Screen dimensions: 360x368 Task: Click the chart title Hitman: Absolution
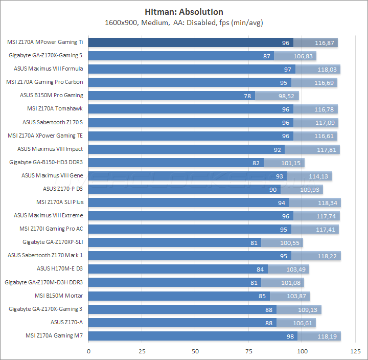click(183, 12)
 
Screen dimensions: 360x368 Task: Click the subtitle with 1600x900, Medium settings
click(183, 22)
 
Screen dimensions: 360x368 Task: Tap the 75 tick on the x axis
click(248, 351)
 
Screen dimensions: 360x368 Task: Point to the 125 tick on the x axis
click(355, 351)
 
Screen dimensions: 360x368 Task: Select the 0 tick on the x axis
click(89, 351)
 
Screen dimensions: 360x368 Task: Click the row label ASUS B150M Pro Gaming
click(52, 95)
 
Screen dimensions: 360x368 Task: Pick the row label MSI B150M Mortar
click(59, 296)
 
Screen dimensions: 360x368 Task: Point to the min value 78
click(248, 96)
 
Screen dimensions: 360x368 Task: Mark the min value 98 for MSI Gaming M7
click(290, 336)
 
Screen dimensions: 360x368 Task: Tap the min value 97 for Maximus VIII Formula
click(288, 69)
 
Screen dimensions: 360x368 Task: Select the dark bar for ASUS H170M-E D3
click(171, 269)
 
